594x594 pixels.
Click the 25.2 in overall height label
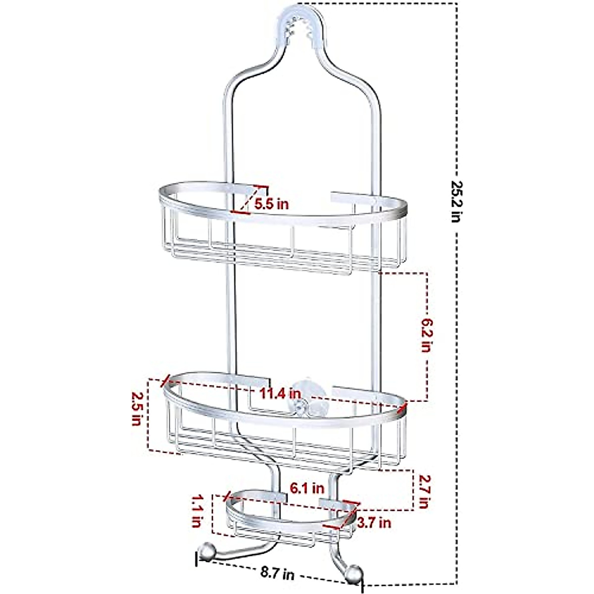tap(455, 201)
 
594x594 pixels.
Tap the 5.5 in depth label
tap(271, 203)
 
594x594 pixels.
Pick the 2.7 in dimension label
tap(423, 492)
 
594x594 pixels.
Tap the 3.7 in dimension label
tap(374, 522)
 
